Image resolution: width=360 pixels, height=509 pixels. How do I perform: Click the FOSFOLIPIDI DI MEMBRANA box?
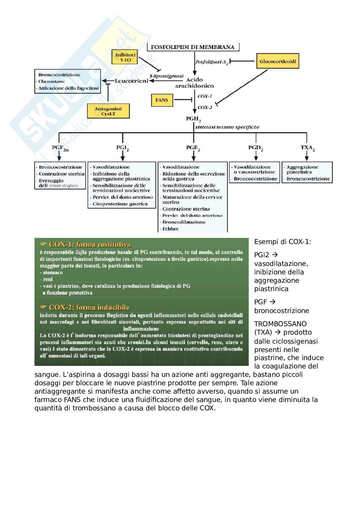pos(193,47)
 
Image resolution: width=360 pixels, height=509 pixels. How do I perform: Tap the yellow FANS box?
pos(162,100)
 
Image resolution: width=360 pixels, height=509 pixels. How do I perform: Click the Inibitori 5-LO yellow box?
pos(125,57)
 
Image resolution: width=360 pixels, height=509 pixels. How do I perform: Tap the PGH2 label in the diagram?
pos(194,119)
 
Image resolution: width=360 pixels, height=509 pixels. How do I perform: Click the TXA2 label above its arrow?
pos(307,148)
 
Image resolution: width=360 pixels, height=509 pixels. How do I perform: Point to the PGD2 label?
pos(255,148)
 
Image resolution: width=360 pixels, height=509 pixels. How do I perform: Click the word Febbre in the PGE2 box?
pos(171,229)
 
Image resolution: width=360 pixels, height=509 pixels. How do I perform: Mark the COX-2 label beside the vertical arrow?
pos(205,107)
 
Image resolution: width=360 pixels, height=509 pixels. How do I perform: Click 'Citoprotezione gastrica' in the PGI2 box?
pos(120,204)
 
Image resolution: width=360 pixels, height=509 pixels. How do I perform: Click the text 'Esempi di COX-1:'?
pos(283,242)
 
